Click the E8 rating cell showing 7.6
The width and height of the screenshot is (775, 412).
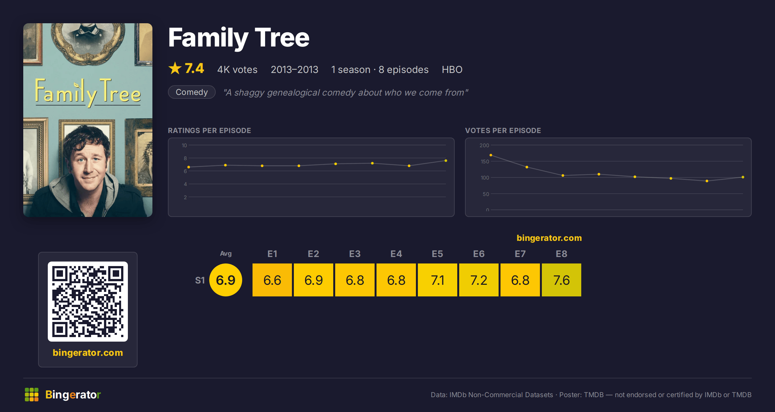tap(562, 280)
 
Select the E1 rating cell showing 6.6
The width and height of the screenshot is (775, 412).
tap(272, 280)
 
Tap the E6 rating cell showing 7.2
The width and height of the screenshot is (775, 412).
tap(479, 280)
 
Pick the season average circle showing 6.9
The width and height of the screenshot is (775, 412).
tap(226, 280)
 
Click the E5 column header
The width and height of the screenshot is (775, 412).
tap(438, 254)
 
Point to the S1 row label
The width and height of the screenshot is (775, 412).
tap(200, 280)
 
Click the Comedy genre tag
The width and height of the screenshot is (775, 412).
tap(192, 92)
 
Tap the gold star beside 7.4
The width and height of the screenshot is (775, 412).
tap(175, 68)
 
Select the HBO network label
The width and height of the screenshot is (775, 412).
tap(452, 69)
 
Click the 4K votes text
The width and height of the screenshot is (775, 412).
tap(237, 69)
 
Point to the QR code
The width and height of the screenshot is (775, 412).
tap(88, 302)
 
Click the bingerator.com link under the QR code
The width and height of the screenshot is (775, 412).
tap(88, 353)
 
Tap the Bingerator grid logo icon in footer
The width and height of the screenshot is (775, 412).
tap(32, 395)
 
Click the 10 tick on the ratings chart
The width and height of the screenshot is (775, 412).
tap(184, 145)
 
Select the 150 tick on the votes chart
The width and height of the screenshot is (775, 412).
tap(485, 161)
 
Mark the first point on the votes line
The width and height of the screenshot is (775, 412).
tap(491, 155)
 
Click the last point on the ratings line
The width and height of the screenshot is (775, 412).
tap(446, 160)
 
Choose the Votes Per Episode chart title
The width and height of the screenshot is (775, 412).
tap(503, 130)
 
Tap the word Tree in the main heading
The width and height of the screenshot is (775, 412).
tap(282, 38)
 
